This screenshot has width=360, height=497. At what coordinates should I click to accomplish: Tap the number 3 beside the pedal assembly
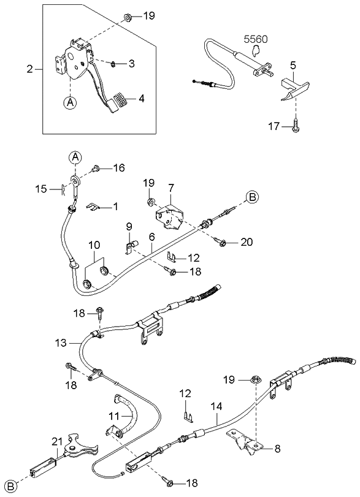pos(132,64)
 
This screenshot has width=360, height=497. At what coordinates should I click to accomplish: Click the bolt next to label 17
pos(295,127)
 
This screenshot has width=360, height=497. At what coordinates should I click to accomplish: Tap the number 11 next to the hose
pos(113,415)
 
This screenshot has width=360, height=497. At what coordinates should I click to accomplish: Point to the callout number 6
pos(150,236)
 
